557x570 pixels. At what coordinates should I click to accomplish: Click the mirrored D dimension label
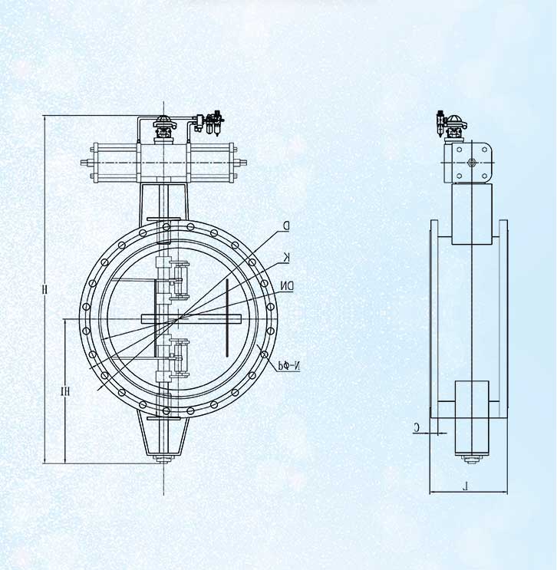click(285, 226)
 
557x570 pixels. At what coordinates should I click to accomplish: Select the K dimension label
click(286, 255)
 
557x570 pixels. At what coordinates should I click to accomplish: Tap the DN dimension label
click(286, 286)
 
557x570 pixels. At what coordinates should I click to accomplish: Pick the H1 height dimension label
click(66, 391)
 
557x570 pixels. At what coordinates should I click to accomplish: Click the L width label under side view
click(468, 484)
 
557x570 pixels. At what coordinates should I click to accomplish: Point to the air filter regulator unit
click(216, 123)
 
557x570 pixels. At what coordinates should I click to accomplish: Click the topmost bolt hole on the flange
click(163, 226)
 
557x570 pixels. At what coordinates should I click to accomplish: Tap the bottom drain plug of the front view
click(163, 460)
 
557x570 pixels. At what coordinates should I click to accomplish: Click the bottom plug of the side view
click(470, 460)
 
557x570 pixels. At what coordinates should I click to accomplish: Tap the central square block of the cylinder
click(163, 163)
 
